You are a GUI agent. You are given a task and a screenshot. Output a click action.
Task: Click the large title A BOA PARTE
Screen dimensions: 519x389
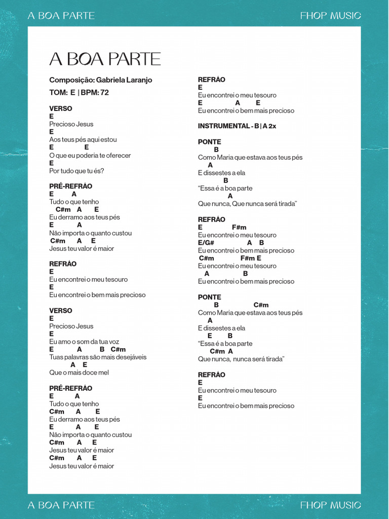[105, 59]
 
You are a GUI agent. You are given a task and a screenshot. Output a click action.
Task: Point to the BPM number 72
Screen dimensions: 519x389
[104, 92]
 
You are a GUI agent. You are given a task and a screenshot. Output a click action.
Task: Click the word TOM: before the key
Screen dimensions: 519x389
[58, 92]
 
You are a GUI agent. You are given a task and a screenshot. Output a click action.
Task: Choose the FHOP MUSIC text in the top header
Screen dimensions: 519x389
[330, 16]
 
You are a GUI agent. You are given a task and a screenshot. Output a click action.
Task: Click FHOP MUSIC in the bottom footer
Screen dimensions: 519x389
[330, 505]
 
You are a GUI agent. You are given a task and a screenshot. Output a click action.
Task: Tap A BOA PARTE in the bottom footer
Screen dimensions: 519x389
[61, 505]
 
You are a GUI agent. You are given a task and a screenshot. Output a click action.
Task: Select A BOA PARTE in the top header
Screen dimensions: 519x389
[61, 16]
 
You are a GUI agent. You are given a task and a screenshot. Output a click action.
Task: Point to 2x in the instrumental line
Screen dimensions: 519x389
[272, 126]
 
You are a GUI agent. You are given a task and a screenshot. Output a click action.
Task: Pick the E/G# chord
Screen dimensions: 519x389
[206, 243]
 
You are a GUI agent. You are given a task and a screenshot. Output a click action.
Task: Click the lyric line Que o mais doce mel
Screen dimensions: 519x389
[79, 373]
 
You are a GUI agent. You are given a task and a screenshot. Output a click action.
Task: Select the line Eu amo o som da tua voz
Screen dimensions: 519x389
[84, 342]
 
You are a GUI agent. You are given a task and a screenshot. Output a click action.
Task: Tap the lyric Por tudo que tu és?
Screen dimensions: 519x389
[76, 171]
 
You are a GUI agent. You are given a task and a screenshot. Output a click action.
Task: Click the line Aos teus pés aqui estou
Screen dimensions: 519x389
[83, 139]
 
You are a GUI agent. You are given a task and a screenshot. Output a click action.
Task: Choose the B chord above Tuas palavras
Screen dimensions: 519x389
[102, 349]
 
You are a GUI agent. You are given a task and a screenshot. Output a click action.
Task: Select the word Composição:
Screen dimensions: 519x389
[71, 80]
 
